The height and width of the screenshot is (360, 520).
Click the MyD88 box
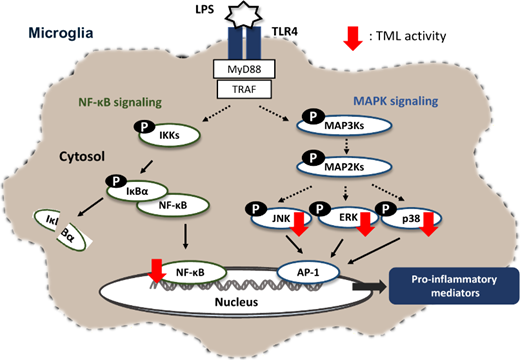244,69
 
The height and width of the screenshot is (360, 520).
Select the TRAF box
244,89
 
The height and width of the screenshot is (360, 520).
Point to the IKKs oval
169,135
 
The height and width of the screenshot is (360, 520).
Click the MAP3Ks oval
344,126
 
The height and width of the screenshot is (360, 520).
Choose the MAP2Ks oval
344,167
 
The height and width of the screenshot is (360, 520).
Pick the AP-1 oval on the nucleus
308,272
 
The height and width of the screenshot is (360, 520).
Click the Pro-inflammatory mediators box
454,286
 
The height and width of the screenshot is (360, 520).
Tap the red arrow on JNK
299,224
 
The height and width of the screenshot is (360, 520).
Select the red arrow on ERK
366,224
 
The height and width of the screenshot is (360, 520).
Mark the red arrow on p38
428,224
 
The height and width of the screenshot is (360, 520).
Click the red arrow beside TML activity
353,38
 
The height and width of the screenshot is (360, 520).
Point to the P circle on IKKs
144,127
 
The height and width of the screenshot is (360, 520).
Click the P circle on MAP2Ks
313,157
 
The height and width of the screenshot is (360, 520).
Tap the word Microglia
61,33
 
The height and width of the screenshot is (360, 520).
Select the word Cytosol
82,156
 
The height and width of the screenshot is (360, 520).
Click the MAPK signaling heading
396,101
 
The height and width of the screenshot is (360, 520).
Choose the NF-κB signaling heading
120,102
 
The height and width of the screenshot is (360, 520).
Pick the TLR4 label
284,31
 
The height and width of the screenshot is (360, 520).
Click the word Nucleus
236,302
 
